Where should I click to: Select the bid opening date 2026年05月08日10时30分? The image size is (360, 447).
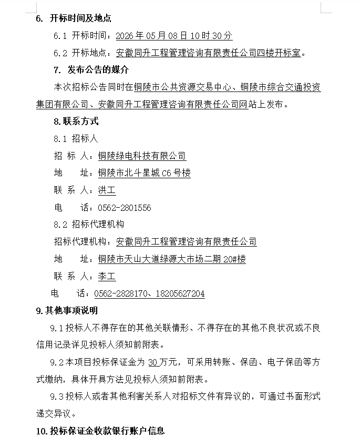173,36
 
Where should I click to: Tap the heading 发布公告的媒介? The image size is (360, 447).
98,70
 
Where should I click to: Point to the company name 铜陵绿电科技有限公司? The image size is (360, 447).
142,156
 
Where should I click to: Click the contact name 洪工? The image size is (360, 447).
107,190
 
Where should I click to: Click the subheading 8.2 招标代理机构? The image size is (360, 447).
89,224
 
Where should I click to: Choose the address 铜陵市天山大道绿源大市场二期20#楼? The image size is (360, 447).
172,259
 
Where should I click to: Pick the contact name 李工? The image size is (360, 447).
107,276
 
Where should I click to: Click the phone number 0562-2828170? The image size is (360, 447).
119,293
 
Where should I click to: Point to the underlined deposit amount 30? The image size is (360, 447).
153,362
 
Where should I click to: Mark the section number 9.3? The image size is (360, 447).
56,396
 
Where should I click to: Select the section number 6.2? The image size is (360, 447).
60,53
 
